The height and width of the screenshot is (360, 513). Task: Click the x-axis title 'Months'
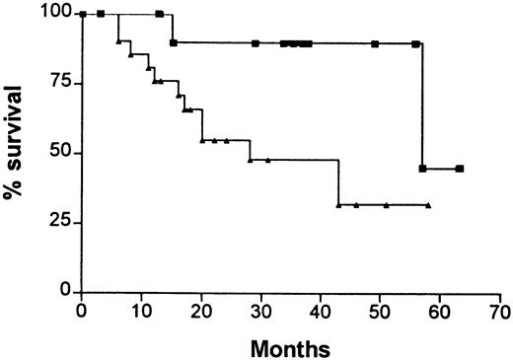click(x=290, y=347)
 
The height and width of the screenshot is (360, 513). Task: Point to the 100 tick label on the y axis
click(x=57, y=13)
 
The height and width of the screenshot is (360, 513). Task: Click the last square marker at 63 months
click(x=460, y=169)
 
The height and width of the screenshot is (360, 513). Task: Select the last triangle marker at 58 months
click(x=429, y=205)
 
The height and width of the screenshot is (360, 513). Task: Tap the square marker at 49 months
click(x=375, y=43)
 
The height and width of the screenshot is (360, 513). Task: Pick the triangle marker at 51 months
click(x=387, y=205)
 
